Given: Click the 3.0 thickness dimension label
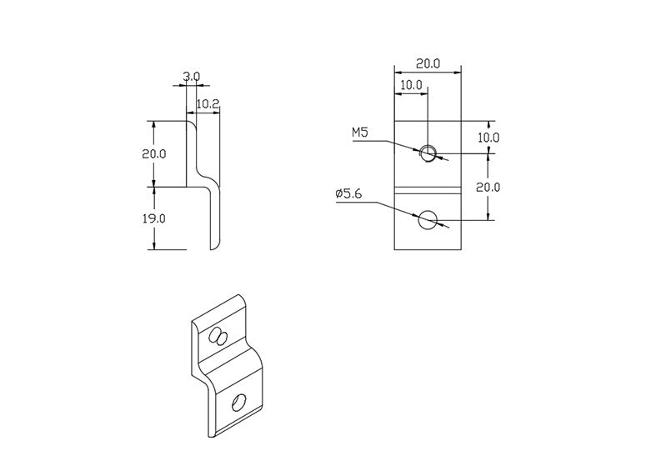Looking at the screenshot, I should click(191, 77).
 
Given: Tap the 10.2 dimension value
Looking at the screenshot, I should click(207, 104).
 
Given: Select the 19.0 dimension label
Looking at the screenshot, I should click(155, 218).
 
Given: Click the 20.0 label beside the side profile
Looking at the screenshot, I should click(155, 154).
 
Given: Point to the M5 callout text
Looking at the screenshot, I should click(360, 133).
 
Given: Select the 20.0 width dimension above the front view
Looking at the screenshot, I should click(428, 63).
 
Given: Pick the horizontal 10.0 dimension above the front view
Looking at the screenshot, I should click(410, 85).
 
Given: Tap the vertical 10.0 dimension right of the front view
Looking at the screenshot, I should click(488, 137).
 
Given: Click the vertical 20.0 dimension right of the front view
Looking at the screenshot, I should click(488, 187).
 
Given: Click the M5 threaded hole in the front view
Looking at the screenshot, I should click(428, 153).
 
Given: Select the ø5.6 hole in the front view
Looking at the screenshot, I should click(428, 219).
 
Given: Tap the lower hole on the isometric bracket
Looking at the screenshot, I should click(238, 403).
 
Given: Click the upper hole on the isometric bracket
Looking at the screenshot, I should click(219, 336).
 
